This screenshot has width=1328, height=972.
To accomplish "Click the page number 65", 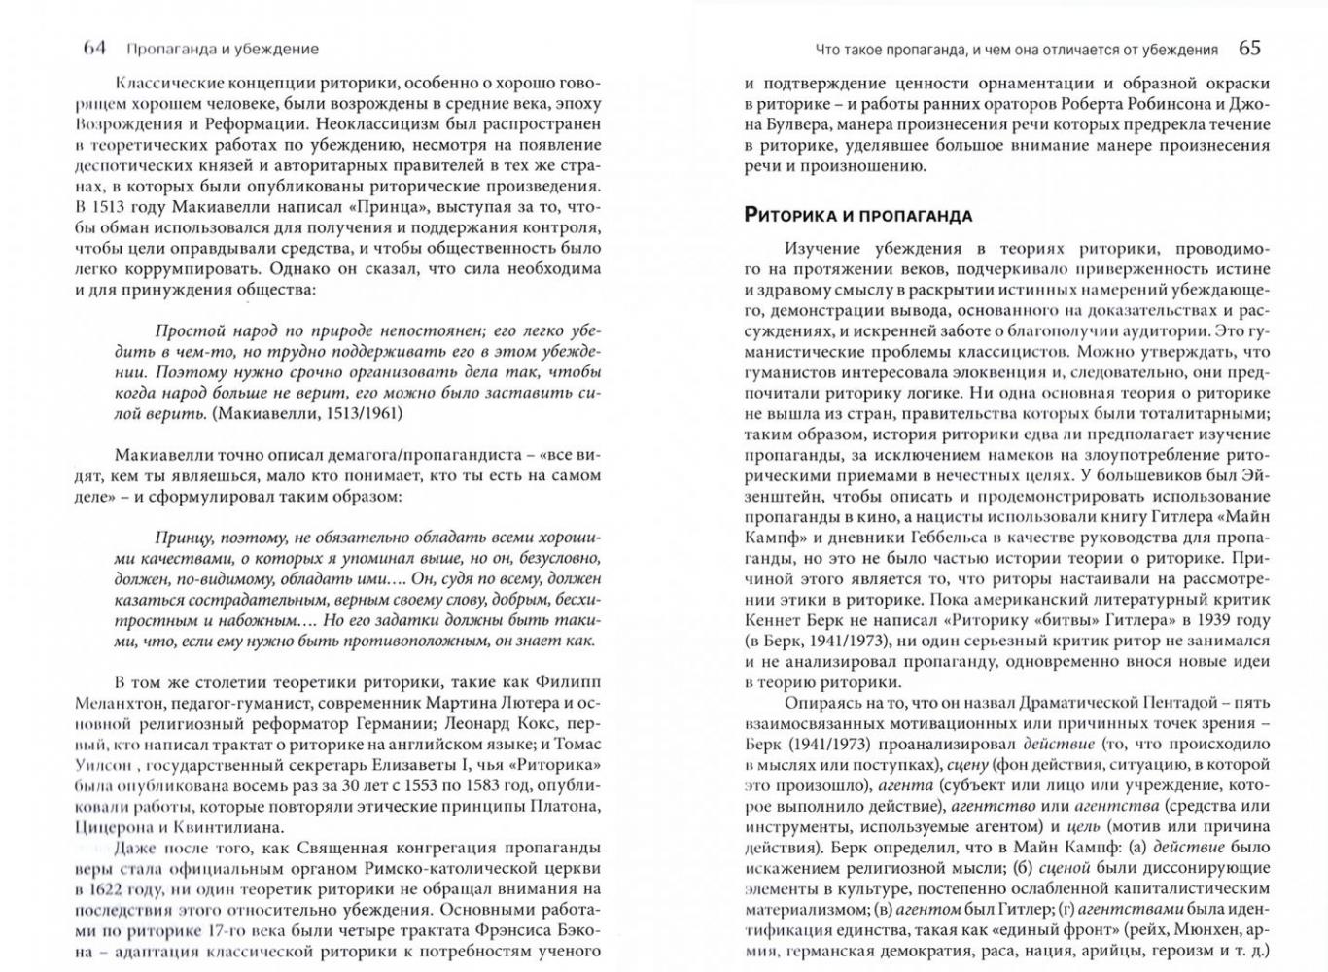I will click(x=1249, y=48).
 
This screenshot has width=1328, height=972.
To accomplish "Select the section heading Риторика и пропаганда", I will click(x=857, y=215).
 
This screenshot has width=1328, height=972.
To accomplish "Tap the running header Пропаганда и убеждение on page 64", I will click(x=222, y=49).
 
